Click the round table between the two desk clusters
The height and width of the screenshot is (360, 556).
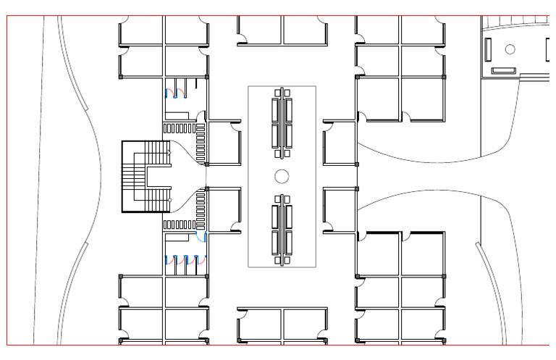(282, 176)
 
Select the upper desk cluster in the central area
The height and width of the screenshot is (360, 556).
(282, 122)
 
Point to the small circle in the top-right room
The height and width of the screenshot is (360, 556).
(510, 49)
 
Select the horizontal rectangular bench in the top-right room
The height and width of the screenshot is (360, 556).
(503, 70)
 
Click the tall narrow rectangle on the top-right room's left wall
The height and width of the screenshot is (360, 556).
(488, 49)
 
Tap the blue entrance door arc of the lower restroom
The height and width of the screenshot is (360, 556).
(201, 237)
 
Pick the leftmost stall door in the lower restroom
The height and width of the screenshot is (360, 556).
(171, 259)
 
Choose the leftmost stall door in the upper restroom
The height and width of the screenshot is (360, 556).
(171, 92)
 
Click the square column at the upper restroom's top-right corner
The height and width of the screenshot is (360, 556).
(207, 76)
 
